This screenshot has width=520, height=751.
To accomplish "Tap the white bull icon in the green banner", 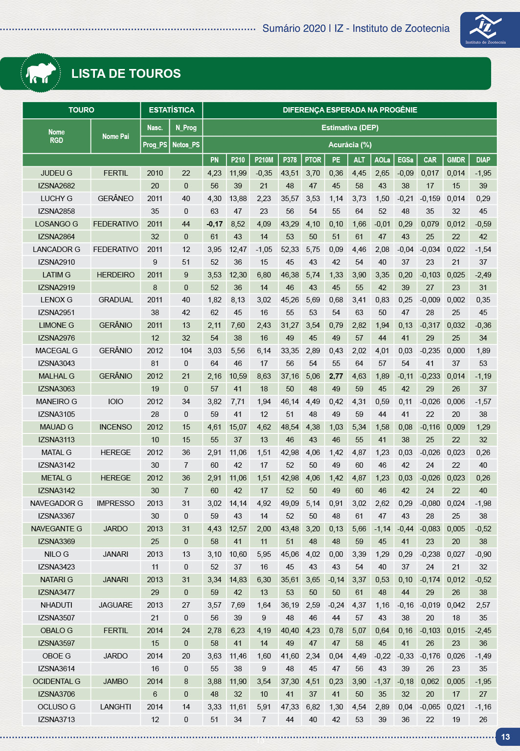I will pyautogui.click(x=41, y=73).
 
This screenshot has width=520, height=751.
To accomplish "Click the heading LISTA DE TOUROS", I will pyautogui.click(x=126, y=73).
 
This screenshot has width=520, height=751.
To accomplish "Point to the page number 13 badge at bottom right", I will pyautogui.click(x=506, y=737).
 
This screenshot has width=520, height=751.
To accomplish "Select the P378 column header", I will pyautogui.click(x=290, y=160).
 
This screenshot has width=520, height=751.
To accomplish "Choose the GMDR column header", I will pyautogui.click(x=456, y=160).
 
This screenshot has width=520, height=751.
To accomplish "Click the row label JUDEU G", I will pyautogui.click(x=56, y=173).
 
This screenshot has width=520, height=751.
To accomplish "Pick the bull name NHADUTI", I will pyautogui.click(x=56, y=605).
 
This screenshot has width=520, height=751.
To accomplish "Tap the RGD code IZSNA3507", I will pyautogui.click(x=56, y=618).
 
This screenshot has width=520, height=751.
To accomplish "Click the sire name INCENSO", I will pyautogui.click(x=115, y=427).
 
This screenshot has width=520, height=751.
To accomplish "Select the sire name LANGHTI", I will pyautogui.click(x=115, y=707).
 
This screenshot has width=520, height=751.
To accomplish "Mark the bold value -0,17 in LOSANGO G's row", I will pyautogui.click(x=214, y=224).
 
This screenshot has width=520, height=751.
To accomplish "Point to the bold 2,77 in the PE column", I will pyautogui.click(x=336, y=376).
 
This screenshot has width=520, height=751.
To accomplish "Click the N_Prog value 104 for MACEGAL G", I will pyautogui.click(x=186, y=351).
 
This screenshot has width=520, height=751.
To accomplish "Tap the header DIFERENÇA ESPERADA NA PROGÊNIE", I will pyautogui.click(x=350, y=110).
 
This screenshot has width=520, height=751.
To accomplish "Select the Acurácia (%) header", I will pyautogui.click(x=350, y=145).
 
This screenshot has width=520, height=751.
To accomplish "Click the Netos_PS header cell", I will pyautogui.click(x=186, y=145).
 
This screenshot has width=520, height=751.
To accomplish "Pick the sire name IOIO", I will pyautogui.click(x=115, y=402).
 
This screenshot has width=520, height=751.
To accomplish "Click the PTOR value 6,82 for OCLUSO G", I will pyautogui.click(x=313, y=707).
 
